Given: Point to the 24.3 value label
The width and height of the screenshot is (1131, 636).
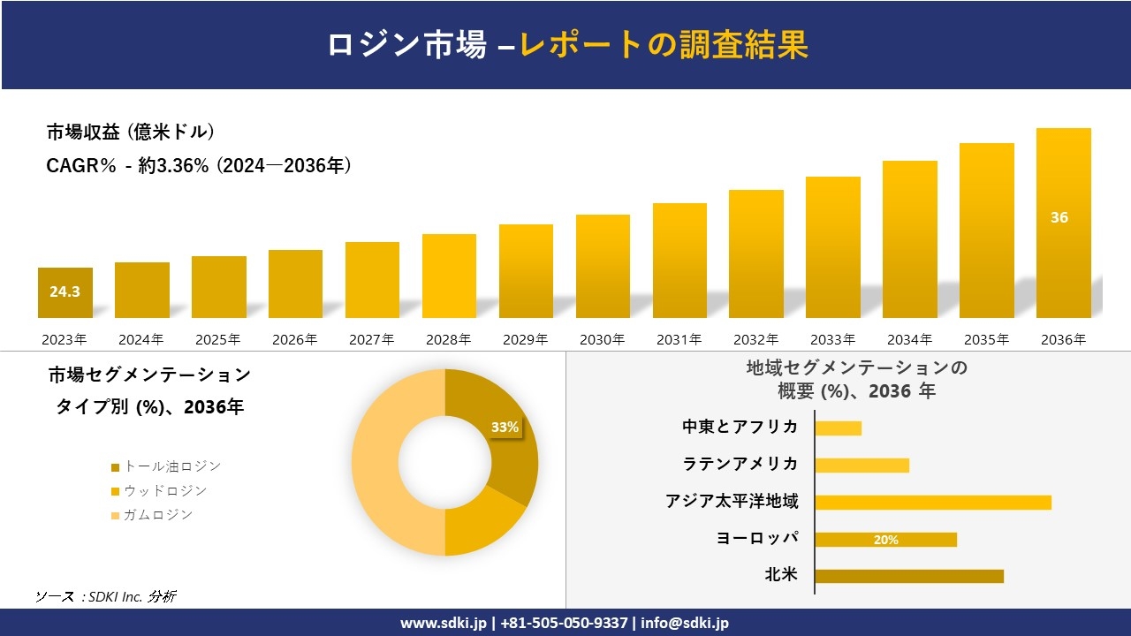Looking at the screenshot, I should click(65, 291).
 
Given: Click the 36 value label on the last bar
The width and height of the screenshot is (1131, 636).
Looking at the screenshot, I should click(1059, 217).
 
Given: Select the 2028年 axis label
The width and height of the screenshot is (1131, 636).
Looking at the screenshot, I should click(448, 339).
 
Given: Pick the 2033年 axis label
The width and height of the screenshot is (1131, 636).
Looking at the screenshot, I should click(832, 339).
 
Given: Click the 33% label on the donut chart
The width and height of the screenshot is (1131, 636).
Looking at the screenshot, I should click(505, 427).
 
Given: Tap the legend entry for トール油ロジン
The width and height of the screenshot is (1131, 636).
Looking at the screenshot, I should click(165, 466).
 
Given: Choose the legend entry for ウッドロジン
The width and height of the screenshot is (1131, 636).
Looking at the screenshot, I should click(158, 490).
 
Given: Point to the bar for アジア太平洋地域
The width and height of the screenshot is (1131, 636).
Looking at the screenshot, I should click(933, 502).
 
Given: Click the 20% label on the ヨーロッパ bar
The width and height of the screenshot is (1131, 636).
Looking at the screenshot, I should click(885, 540).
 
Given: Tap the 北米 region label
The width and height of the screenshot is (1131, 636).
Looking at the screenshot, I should click(781, 575).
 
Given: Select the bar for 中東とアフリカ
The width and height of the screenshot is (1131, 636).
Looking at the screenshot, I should click(838, 428).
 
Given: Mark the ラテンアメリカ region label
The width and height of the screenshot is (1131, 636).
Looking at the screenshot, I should click(740, 464).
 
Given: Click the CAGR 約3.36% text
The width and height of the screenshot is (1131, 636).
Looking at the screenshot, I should click(199, 165).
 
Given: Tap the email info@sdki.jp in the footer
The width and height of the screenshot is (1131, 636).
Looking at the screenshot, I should click(685, 623).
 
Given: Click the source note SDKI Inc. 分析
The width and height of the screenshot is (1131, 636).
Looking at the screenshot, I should click(105, 596).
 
